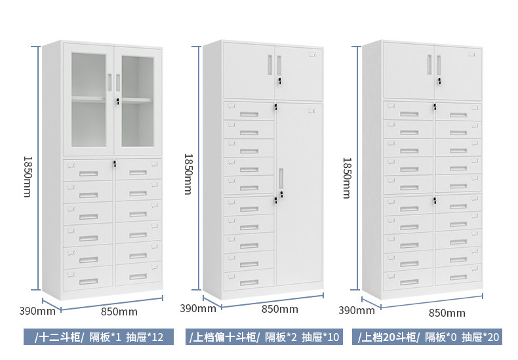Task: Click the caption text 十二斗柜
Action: click(60, 338)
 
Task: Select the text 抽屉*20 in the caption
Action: click(481, 338)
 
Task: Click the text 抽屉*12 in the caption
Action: click(144, 338)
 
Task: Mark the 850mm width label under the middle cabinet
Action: click(279, 309)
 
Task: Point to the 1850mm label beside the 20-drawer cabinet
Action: click(347, 177)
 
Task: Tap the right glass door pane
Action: click(138, 100)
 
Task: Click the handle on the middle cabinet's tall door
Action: click(280, 179)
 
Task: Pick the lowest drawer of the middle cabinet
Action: click(249, 282)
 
